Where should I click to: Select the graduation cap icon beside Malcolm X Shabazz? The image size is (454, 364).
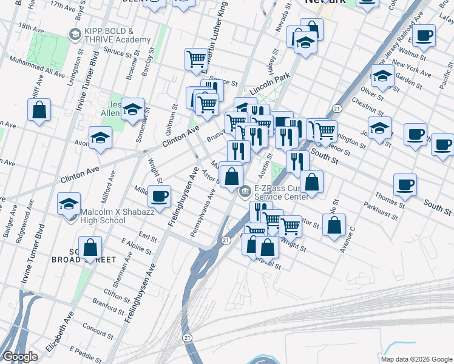pos(69,204)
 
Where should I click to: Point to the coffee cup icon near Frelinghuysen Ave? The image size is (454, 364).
pos(160,196)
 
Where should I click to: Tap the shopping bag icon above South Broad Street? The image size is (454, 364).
pos(90,247)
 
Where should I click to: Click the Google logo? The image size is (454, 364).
pos(20,357)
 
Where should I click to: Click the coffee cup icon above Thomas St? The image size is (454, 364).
pos(405,184)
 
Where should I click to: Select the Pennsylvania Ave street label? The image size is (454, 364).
pos(203,214)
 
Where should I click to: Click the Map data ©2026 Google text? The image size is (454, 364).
pos(416,359)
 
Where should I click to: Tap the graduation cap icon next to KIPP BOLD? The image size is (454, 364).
pos(75,35)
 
